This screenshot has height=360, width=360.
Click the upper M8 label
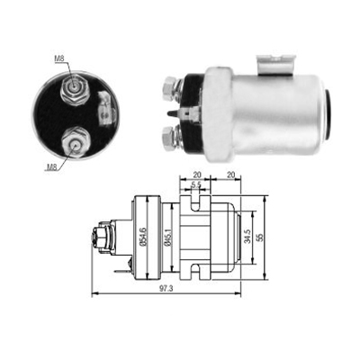point(59,59)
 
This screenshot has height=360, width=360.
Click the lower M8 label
point(51,168)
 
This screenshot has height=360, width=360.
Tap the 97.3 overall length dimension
point(166,289)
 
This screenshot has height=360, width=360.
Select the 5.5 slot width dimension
point(195,185)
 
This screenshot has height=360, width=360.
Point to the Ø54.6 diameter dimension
point(143,237)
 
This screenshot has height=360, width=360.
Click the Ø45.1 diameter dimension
point(167,238)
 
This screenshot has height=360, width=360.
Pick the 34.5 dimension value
point(247,237)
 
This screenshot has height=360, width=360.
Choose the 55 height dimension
point(260,238)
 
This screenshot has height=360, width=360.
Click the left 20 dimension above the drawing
point(197,175)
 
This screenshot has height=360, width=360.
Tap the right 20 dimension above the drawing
point(230,175)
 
